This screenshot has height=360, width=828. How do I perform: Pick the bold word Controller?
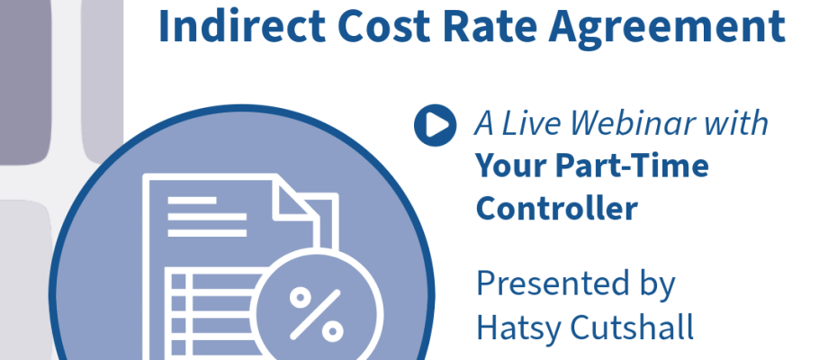tap(557, 208)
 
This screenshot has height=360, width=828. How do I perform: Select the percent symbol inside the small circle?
tap(316, 313)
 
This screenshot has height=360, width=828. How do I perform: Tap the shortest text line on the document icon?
tap(192, 201)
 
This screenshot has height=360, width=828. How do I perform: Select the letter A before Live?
tap(484, 124)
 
